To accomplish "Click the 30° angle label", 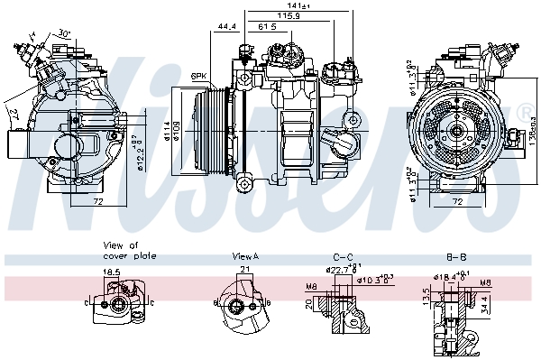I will tap(64, 33).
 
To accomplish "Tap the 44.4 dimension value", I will tap(227, 27).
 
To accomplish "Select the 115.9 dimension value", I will tap(289, 15).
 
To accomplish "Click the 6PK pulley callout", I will tap(199, 75).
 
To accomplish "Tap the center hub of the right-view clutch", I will tap(457, 132).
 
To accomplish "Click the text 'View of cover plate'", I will tap(130, 250).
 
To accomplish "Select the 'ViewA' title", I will tap(245, 256).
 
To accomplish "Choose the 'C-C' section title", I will tap(342, 256).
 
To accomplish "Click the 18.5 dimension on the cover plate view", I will tap(112, 271).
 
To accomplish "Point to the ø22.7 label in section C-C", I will tap(340, 269).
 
